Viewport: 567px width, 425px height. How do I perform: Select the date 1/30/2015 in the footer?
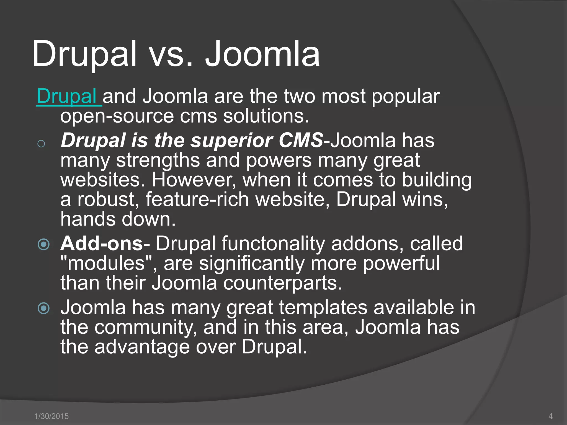[51, 416]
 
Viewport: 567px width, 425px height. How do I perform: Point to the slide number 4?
[550, 416]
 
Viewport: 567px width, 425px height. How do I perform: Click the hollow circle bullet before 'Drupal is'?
[41, 144]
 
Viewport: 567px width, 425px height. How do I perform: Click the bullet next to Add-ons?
[43, 244]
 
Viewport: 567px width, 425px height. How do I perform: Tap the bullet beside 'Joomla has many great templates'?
[43, 308]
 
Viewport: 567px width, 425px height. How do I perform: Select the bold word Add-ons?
[102, 244]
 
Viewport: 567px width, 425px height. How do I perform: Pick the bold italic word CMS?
[301, 140]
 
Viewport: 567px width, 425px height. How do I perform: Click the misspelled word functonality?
[273, 244]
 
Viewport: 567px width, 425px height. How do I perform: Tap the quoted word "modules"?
[106, 263]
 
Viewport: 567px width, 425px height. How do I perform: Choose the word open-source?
[117, 116]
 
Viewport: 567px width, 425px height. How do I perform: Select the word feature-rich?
[197, 199]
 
